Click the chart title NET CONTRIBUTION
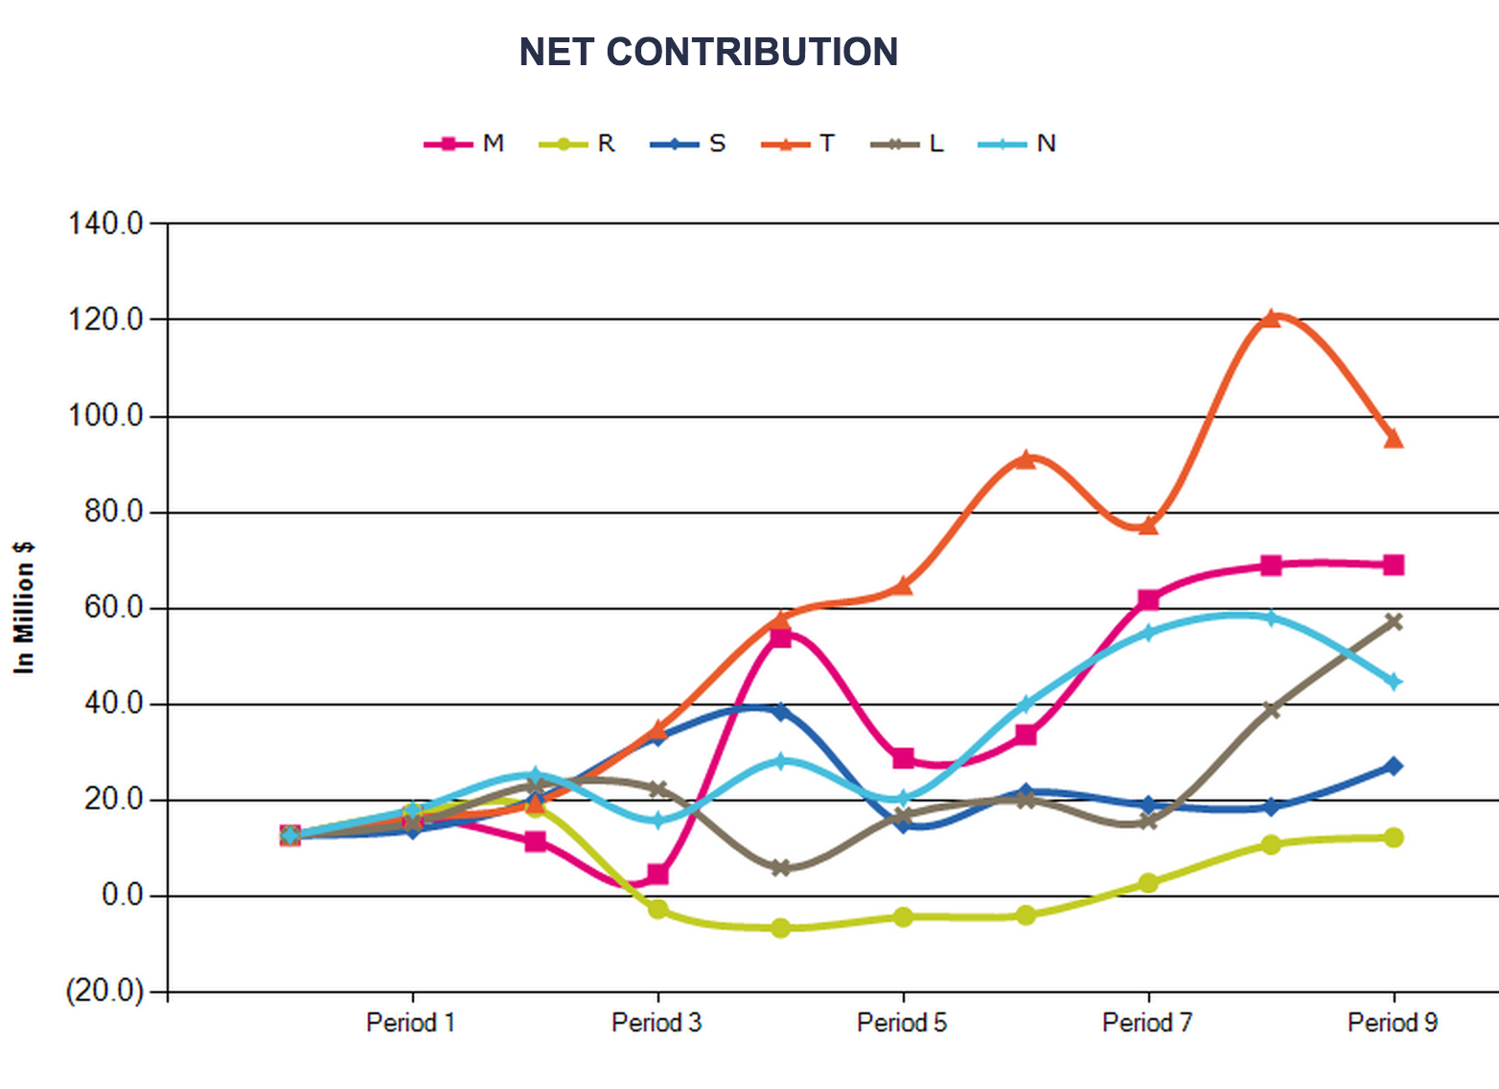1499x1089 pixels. (x=708, y=52)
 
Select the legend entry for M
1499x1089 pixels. (x=464, y=143)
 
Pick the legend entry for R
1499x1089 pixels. (x=577, y=143)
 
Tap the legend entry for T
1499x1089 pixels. (x=797, y=143)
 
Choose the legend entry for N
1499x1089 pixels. (x=1017, y=143)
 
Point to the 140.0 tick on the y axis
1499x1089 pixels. (x=105, y=223)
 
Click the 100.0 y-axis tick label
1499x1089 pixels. (x=105, y=416)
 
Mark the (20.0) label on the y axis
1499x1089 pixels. (x=105, y=990)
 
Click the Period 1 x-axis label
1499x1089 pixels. (x=411, y=1023)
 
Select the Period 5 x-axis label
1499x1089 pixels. (x=902, y=1023)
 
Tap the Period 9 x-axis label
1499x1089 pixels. (x=1393, y=1023)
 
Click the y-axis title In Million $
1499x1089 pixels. (x=24, y=609)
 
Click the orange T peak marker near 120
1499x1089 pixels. (x=1271, y=318)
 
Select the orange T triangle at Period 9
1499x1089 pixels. (x=1394, y=438)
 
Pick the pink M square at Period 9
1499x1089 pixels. (x=1394, y=565)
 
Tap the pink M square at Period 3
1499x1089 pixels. (x=657, y=874)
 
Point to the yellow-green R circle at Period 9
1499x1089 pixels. (x=1394, y=837)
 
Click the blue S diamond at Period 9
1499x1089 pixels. (x=1394, y=766)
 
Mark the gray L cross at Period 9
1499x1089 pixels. (x=1394, y=622)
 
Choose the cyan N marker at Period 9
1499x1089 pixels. (x=1394, y=682)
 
